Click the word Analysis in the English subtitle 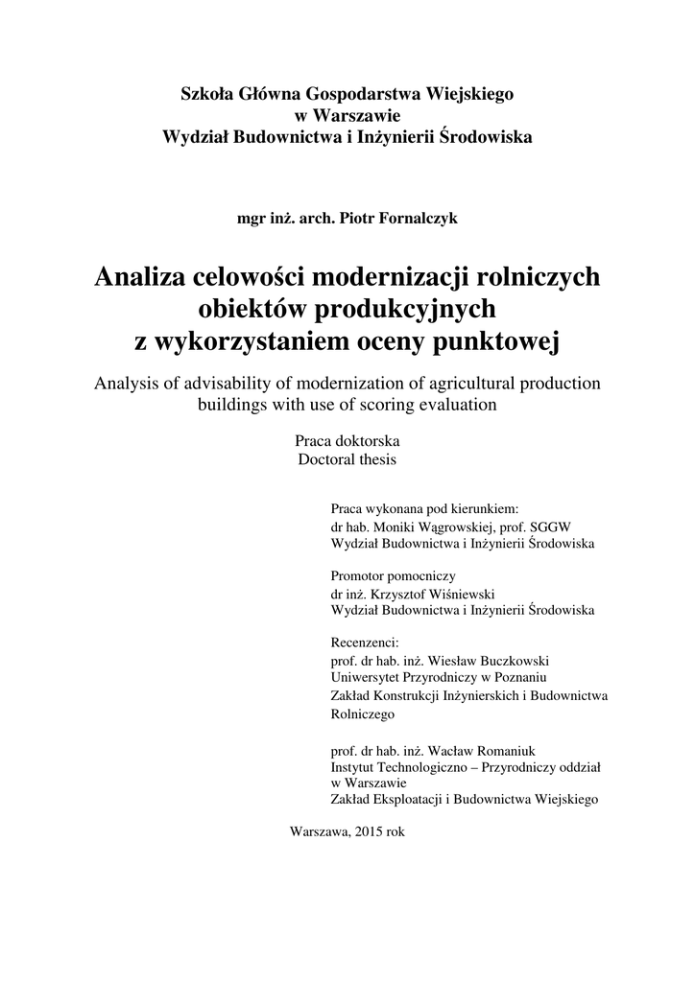tap(127, 383)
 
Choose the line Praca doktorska tap(347, 441)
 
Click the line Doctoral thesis tap(347, 459)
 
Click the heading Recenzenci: tap(364, 642)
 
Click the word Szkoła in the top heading tap(205, 94)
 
